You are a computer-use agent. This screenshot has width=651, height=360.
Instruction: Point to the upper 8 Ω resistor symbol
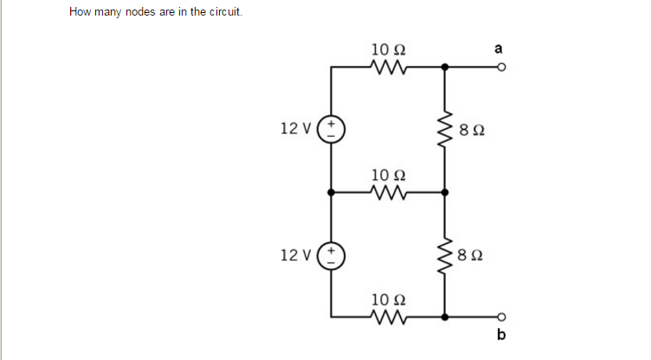pyautogui.click(x=445, y=129)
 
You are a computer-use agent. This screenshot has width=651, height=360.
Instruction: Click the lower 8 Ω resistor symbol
pyautogui.click(x=445, y=254)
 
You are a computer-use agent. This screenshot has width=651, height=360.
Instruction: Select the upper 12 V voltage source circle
pyautogui.click(x=332, y=129)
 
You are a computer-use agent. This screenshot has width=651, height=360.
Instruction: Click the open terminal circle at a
pyautogui.click(x=500, y=67)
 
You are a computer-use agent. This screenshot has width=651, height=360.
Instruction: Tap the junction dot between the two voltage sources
pyautogui.click(x=332, y=191)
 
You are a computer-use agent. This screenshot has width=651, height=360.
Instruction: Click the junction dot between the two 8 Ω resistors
pyautogui.click(x=445, y=191)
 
